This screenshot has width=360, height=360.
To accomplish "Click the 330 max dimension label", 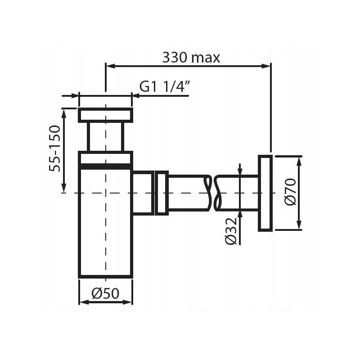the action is (x=191, y=58).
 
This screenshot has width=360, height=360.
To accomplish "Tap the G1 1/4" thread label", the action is (x=165, y=86).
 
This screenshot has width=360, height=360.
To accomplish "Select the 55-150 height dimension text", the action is (x=54, y=148).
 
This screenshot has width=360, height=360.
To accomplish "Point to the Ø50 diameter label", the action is (x=105, y=293).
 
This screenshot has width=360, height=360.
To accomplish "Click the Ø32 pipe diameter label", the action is (x=230, y=231).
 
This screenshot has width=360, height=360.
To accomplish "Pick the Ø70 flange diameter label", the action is (x=290, y=192).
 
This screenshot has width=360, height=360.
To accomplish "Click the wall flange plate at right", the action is (x=265, y=193).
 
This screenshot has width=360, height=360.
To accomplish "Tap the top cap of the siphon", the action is (x=105, y=115).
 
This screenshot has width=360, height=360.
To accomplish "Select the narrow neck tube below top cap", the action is (x=105, y=137).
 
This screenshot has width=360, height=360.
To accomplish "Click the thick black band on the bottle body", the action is (x=105, y=166).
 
